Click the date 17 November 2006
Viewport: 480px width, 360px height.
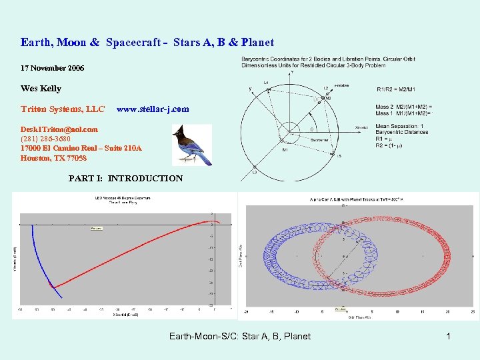[52, 68]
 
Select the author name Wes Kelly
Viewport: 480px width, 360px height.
[41, 88]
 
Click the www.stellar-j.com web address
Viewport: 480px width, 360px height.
[153, 109]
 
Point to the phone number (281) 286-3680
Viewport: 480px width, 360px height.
[45, 139]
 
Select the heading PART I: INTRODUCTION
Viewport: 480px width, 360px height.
[125, 178]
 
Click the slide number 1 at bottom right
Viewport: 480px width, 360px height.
[448, 336]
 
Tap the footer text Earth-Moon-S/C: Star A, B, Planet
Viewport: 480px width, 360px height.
[240, 336]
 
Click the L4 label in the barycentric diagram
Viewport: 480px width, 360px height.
[267, 83]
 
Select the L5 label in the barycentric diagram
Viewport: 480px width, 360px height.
[339, 156]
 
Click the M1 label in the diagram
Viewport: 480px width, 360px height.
[285, 149]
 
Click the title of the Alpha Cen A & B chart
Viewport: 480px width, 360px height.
[358, 199]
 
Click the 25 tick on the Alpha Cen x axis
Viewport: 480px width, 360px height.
[472, 311]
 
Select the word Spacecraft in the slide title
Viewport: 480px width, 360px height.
[132, 43]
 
